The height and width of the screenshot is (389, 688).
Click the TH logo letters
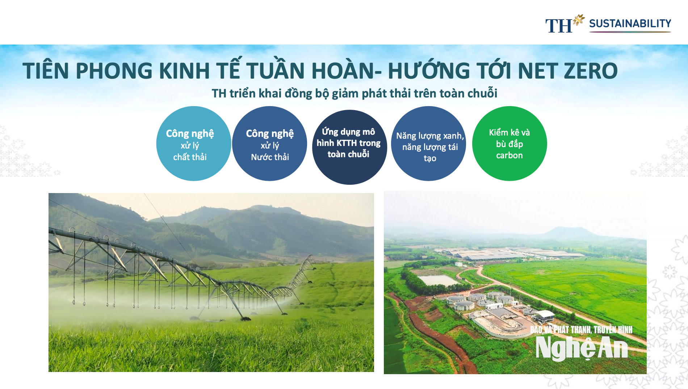point(559,26)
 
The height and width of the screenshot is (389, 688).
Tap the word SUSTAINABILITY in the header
point(630,24)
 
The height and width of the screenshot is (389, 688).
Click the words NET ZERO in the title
point(568,71)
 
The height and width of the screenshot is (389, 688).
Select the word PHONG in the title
point(114,71)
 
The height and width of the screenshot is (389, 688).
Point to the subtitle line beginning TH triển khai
point(355,93)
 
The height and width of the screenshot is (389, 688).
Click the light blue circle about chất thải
point(194,143)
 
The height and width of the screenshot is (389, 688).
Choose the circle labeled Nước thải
point(270,143)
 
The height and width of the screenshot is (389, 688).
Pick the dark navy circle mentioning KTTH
point(349,147)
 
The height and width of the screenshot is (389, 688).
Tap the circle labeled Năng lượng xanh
point(429,143)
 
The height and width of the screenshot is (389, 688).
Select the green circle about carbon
point(509,143)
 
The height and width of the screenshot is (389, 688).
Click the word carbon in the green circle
point(509,155)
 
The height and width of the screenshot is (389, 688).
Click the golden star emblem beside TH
point(579,20)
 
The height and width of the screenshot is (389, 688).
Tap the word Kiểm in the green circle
point(498,133)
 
